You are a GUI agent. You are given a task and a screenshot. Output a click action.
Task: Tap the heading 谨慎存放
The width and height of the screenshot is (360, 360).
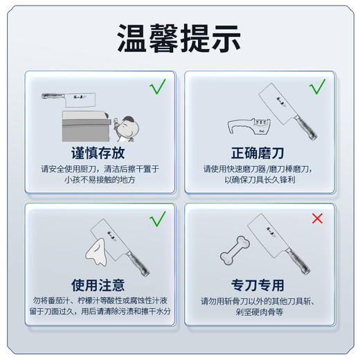click(x=98, y=152)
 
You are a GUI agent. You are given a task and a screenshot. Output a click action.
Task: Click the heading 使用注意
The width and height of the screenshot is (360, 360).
click(x=98, y=285)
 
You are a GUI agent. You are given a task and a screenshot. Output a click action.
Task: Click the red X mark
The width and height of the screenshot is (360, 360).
click(x=317, y=219)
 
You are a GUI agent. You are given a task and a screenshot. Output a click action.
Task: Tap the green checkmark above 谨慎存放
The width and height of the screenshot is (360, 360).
click(x=158, y=87)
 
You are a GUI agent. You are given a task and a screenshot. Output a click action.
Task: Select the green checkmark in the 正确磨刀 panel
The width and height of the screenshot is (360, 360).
click(x=317, y=87)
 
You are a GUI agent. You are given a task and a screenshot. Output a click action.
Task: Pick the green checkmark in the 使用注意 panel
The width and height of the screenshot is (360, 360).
click(x=158, y=219)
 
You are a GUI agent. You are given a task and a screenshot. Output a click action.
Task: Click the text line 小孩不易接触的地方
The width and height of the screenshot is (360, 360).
click(x=98, y=179)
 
